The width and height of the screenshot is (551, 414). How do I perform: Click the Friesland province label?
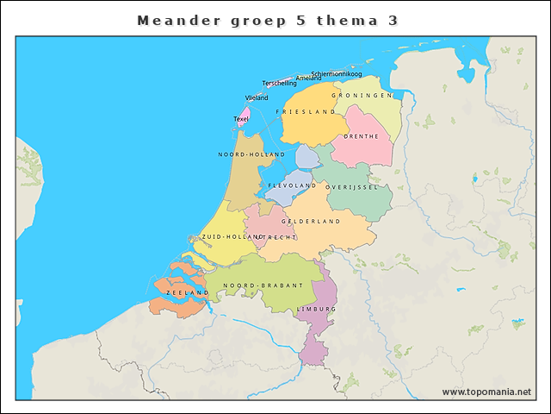pyautogui.click(x=306, y=112)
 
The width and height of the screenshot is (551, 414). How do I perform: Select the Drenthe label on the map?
pyautogui.click(x=362, y=136)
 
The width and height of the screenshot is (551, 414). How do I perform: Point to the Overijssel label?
pyautogui.click(x=351, y=186)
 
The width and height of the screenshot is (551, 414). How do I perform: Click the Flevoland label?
pyautogui.click(x=292, y=185)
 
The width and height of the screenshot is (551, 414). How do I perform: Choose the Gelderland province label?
pyautogui.click(x=311, y=222)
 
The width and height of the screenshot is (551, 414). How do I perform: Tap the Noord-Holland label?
pyautogui.click(x=251, y=154)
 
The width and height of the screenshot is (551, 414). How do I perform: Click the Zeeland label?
pyautogui.click(x=188, y=293)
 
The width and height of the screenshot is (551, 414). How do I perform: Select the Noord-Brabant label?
pyautogui.click(x=263, y=285)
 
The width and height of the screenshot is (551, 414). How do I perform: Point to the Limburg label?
pyautogui.click(x=316, y=309)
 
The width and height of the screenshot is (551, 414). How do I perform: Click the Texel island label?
pyautogui.click(x=241, y=119)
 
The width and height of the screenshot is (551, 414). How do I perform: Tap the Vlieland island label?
pyautogui.click(x=257, y=98)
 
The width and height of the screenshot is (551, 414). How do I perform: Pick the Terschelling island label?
pyautogui.click(x=279, y=84)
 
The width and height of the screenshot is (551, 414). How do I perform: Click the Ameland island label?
pyautogui.click(x=308, y=78)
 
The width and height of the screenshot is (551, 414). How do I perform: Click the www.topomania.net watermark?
pyautogui.click(x=486, y=392)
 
